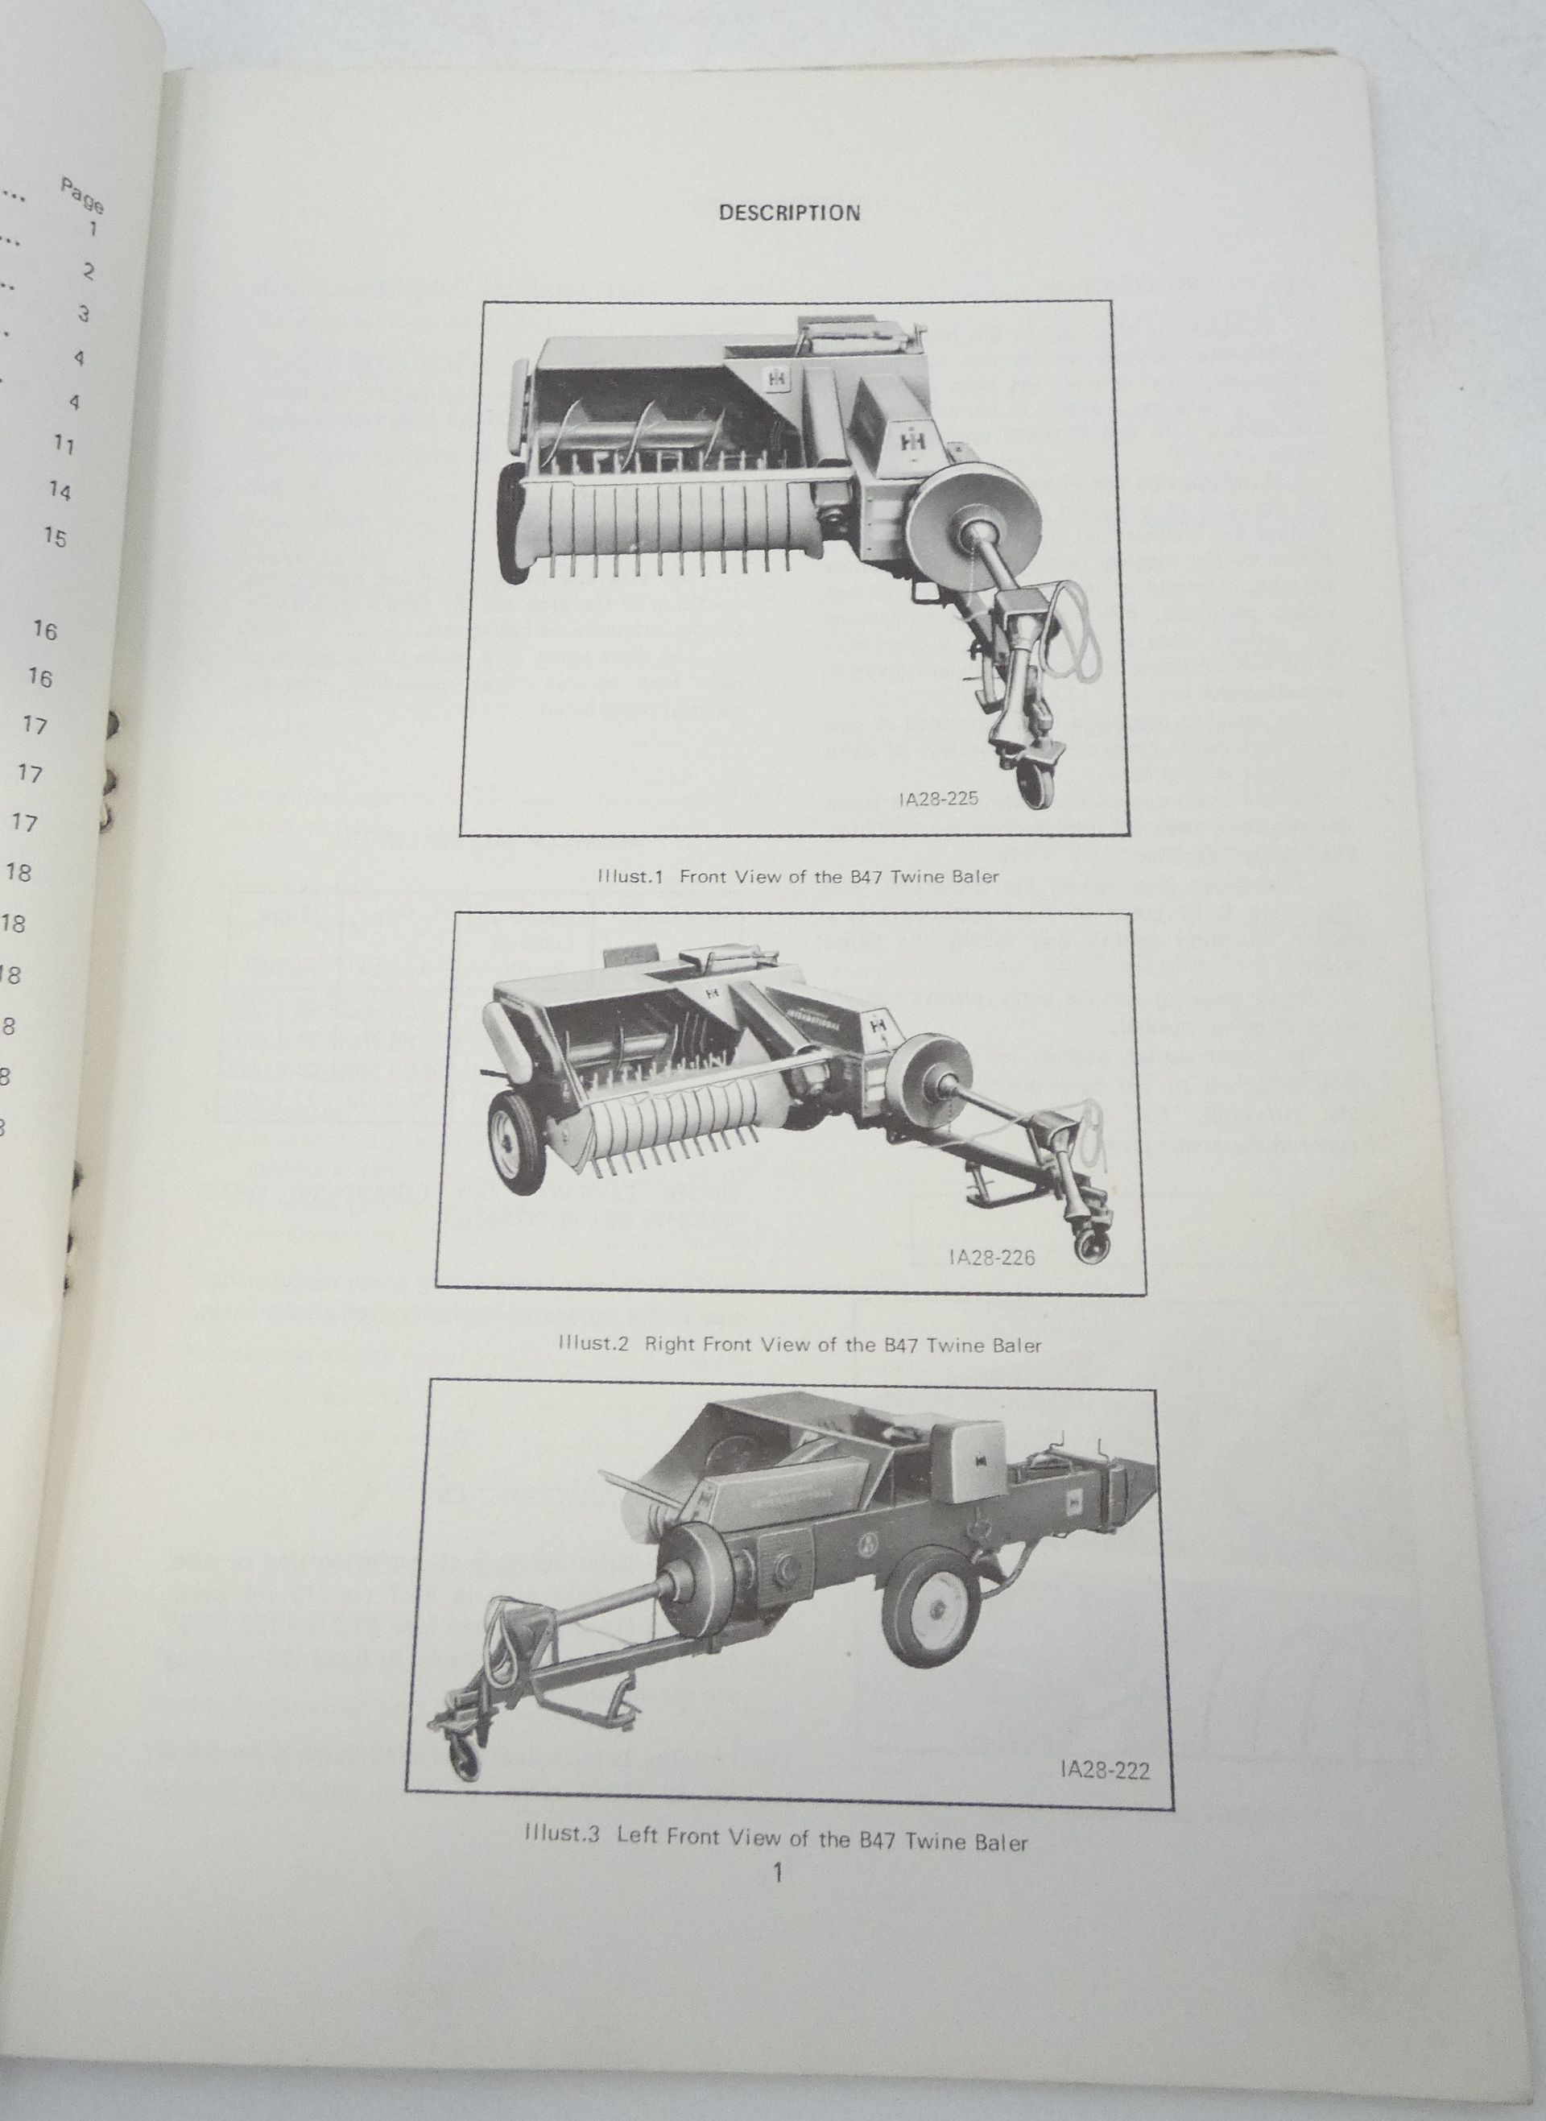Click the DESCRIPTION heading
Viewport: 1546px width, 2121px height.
(789, 213)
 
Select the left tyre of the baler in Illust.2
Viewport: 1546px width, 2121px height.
(515, 1143)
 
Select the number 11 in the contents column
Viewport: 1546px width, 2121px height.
(64, 445)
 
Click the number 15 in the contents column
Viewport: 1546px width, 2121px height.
(56, 537)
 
